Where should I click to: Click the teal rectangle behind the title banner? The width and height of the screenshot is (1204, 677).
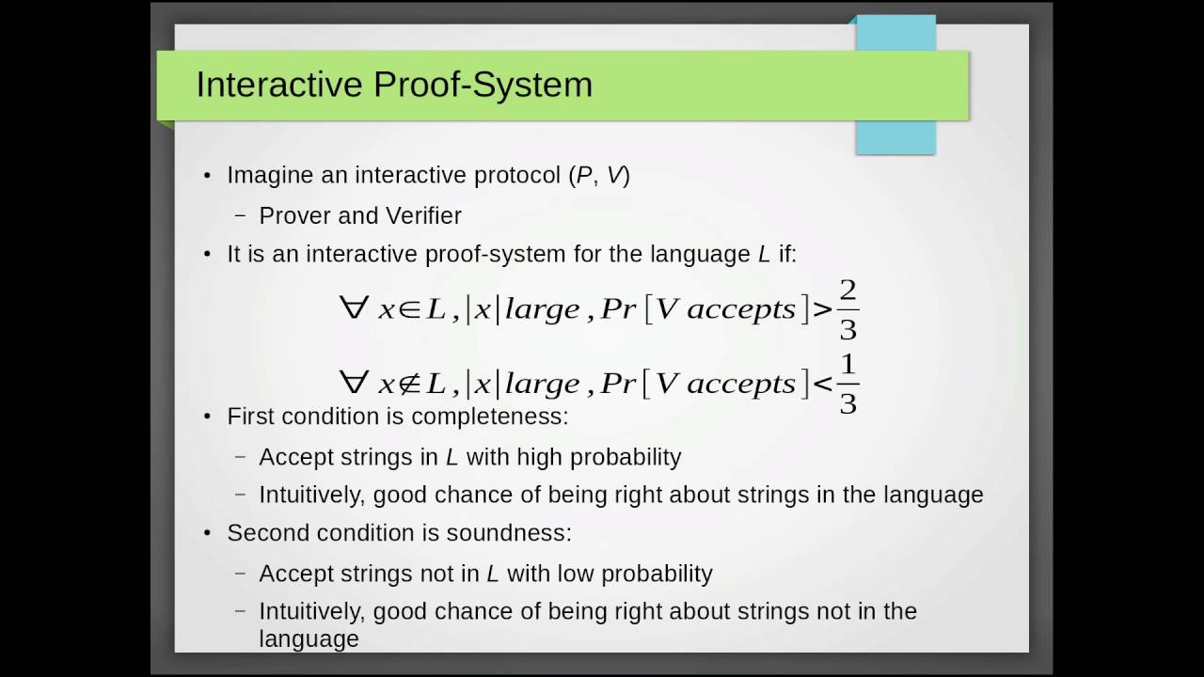[x=895, y=136]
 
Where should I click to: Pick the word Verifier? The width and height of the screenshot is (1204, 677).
[x=422, y=215]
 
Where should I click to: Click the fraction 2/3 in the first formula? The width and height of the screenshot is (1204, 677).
[x=848, y=309]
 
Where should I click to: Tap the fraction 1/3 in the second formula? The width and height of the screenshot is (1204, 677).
[x=848, y=384]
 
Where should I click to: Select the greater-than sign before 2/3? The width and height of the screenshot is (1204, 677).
[x=822, y=310]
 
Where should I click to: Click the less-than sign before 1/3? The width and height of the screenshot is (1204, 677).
[x=822, y=385]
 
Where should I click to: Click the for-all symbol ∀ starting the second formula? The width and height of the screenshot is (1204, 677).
[x=354, y=383]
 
